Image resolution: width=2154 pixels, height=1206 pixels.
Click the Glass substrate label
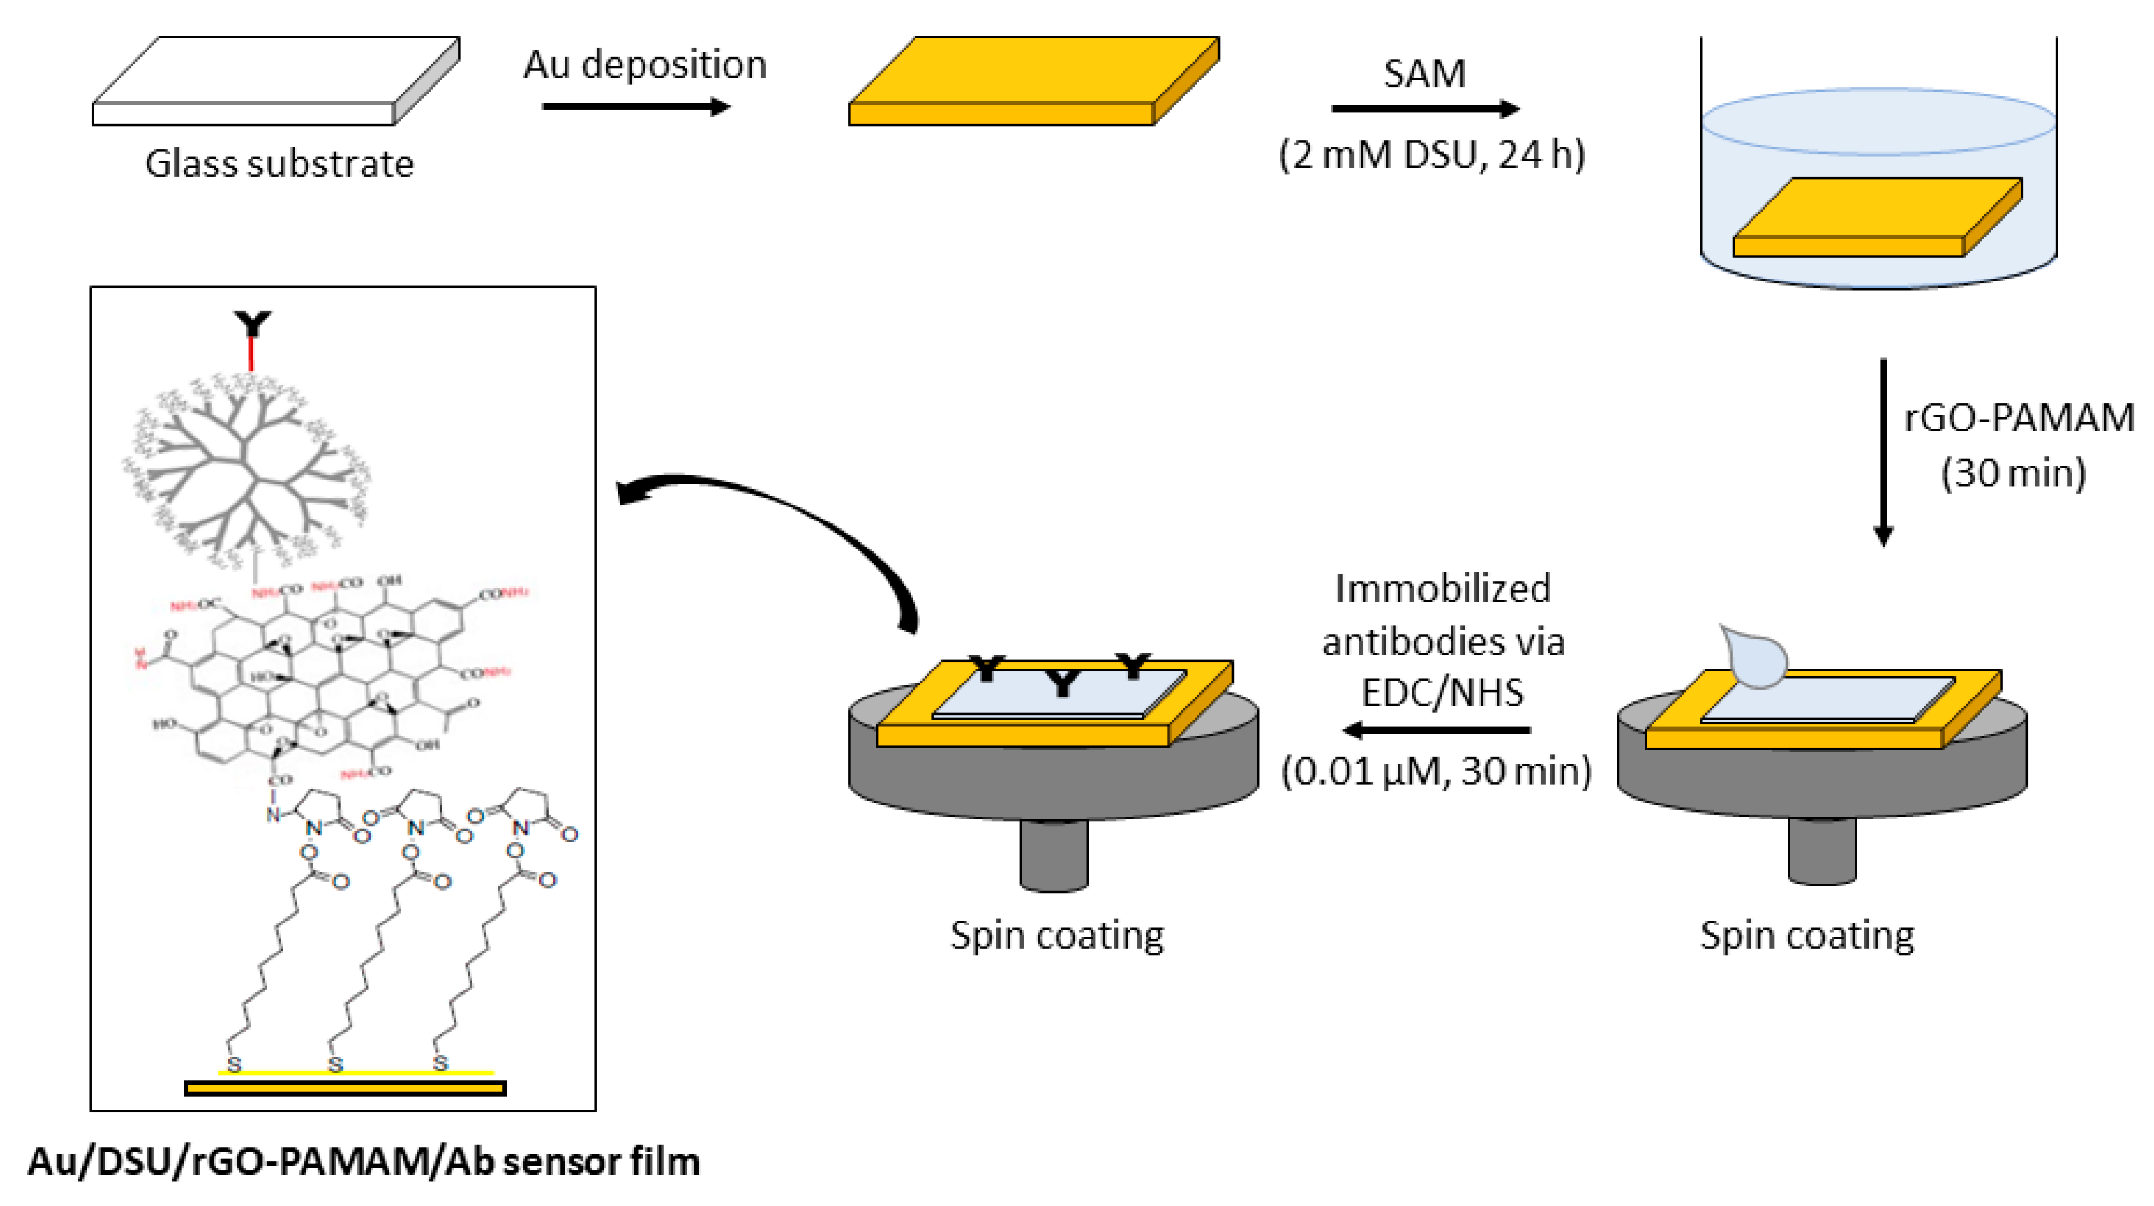pos(279,164)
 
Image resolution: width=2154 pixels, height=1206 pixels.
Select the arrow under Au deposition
pos(636,107)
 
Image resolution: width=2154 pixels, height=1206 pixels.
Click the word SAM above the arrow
pos(1424,74)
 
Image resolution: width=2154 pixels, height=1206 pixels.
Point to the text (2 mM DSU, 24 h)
pos(1432,155)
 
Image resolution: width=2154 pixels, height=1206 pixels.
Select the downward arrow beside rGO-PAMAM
pos(1883,452)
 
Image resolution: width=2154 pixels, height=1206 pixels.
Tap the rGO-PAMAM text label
pos(2019,417)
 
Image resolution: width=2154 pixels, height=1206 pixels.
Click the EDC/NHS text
pos(1442,693)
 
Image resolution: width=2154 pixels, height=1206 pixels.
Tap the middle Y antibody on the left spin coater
pos(1062,683)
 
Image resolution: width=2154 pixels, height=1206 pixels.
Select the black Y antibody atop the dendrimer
pos(251,324)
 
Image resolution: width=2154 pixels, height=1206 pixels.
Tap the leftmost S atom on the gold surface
pos(235,1065)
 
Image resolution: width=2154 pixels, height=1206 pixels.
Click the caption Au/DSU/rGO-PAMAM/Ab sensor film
pos(364,1162)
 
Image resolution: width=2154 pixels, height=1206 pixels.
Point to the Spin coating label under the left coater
pos(1057,935)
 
